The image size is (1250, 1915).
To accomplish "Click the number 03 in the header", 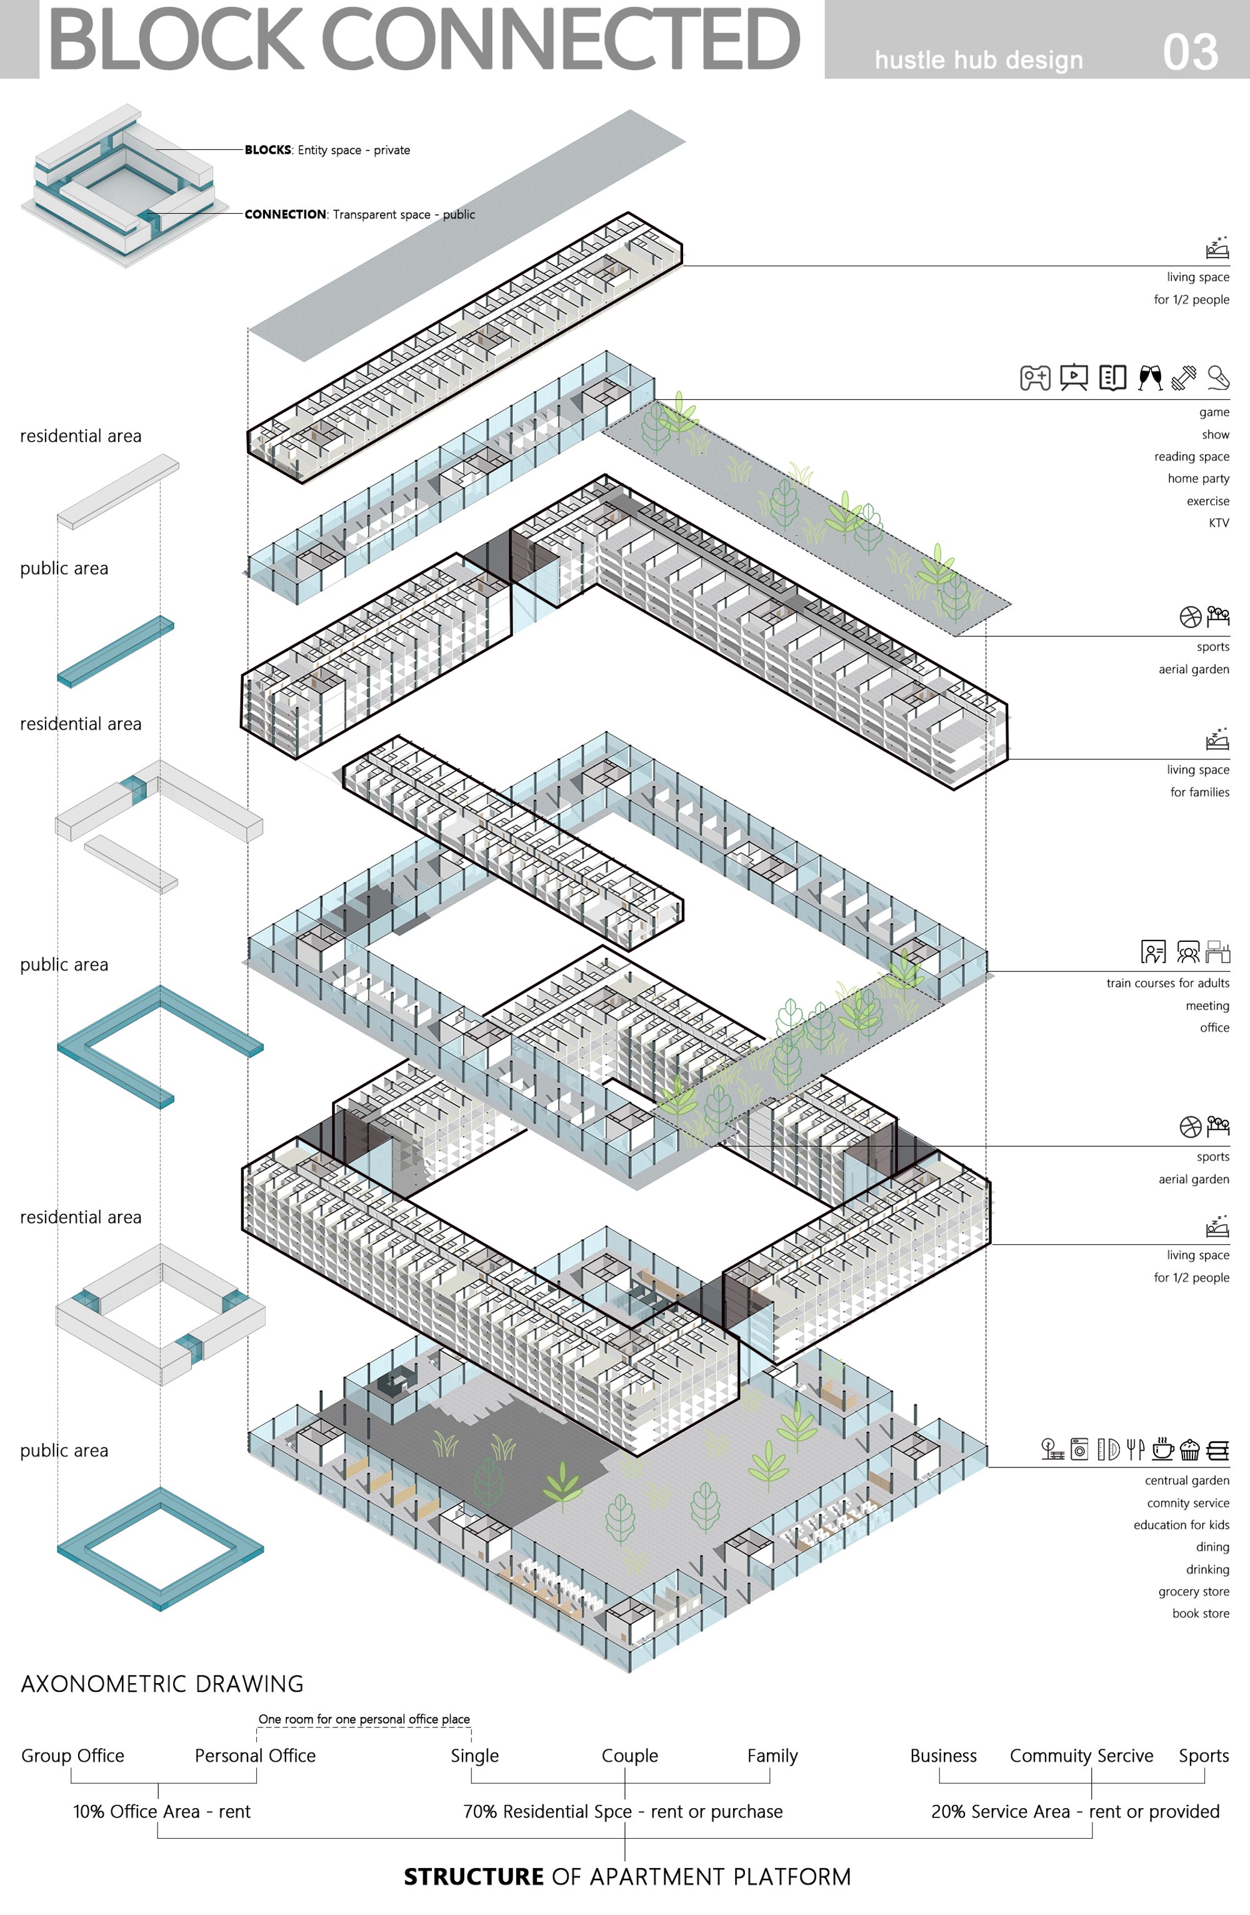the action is tap(1191, 52).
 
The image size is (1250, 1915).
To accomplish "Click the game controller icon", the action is tap(1035, 377).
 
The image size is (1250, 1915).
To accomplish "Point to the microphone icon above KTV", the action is tap(1218, 377).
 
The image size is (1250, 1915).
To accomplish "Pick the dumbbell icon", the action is tap(1183, 377).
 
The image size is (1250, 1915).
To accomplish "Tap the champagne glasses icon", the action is tap(1150, 377).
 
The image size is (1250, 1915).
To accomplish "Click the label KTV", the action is tap(1219, 523).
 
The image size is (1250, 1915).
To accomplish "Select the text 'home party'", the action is tap(1199, 479).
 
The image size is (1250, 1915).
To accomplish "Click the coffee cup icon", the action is tap(1162, 1449).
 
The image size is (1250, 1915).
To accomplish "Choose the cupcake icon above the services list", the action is tap(1189, 1450).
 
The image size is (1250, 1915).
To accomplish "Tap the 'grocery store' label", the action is tap(1194, 1591).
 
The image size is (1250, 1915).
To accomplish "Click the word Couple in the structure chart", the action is tap(630, 1756).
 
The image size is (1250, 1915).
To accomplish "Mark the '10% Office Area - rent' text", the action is tap(162, 1811).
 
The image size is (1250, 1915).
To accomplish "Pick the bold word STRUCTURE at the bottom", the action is tap(474, 1876).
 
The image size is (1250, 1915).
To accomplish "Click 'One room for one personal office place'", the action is tap(364, 1719).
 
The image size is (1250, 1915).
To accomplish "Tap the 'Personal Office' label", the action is tap(255, 1756).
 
